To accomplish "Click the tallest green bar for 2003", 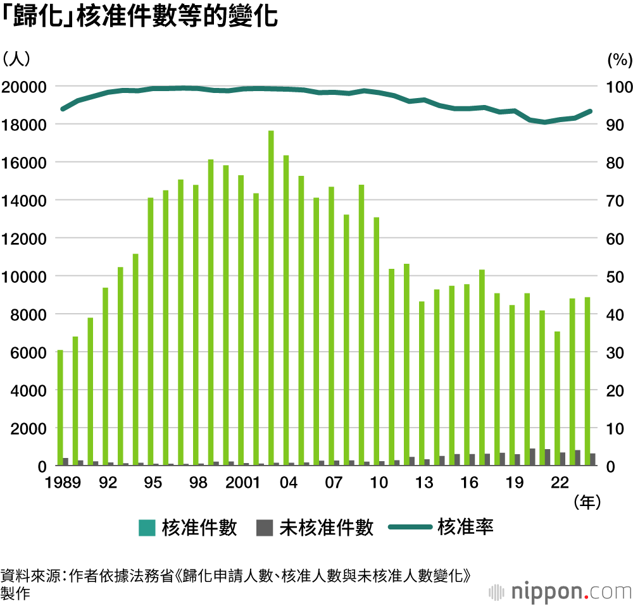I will [x=271, y=297].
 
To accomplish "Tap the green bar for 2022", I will [x=557, y=398].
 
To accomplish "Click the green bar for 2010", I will [x=377, y=341].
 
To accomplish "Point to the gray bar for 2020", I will [x=532, y=457].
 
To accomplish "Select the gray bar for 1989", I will [x=66, y=462].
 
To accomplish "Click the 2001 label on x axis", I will [x=244, y=483].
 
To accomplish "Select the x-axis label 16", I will [x=469, y=483].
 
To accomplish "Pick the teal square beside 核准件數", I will [x=147, y=528].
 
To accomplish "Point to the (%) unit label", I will [x=620, y=60].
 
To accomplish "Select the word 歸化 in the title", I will [x=39, y=16].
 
